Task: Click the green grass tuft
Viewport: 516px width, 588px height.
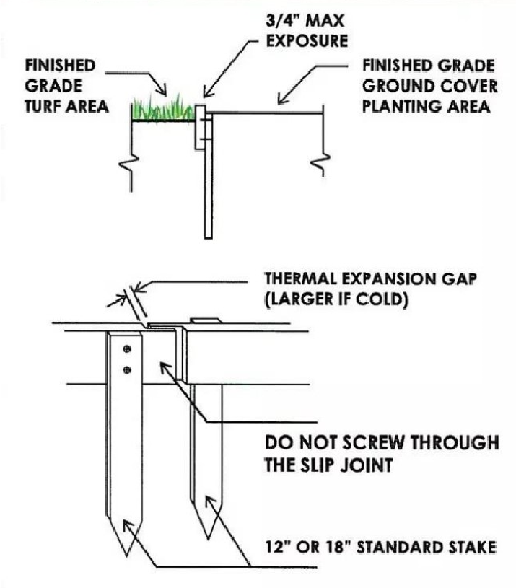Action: [x=164, y=110]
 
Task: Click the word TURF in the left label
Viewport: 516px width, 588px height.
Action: [x=43, y=107]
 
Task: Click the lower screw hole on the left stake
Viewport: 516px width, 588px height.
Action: [x=127, y=370]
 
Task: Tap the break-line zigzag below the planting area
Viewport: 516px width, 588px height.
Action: [x=322, y=164]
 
